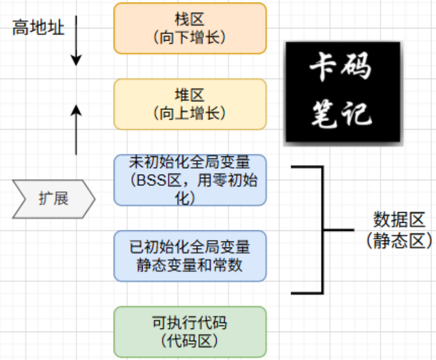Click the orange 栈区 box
190,28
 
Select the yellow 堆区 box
190,104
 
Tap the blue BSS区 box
190,181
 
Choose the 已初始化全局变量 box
190,256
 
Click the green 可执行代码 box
190,332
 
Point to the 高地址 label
38,27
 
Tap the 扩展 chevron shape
53,199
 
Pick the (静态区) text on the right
399,241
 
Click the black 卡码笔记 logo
343,93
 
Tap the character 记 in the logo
358,114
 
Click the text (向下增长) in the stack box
190,37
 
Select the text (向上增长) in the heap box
190,114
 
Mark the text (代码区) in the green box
190,341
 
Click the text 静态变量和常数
190,265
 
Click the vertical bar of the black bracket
323,230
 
